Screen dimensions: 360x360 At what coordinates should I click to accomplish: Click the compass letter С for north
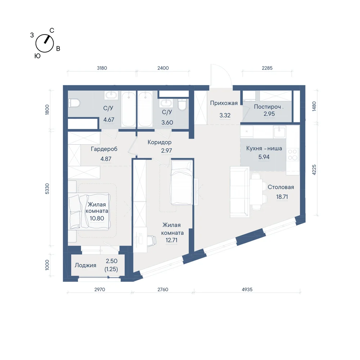52,31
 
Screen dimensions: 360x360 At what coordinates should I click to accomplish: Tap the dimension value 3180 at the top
102,68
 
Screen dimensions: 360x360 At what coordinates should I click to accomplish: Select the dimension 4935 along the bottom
247,289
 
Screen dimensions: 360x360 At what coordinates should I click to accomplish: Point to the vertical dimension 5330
47,189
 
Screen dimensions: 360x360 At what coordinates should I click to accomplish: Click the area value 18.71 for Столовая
282,197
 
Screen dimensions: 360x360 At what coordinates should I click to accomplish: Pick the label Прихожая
224,103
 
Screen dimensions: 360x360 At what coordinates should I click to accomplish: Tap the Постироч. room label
269,107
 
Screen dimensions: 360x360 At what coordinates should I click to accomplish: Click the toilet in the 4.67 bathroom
74,103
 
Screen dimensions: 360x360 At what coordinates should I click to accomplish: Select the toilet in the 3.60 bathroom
182,104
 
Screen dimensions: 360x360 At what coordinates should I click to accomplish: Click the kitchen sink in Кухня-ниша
279,132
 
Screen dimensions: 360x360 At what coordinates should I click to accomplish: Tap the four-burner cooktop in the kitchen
292,154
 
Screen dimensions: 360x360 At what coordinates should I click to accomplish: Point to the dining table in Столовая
256,192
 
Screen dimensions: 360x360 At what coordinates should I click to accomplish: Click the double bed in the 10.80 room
89,211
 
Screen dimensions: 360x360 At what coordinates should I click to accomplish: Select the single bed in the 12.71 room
181,183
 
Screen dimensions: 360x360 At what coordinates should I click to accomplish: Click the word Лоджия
85,265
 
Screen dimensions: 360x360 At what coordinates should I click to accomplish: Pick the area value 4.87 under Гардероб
106,159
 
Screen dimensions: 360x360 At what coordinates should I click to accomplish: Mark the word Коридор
159,142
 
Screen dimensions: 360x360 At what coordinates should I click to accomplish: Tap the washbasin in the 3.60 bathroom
166,103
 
